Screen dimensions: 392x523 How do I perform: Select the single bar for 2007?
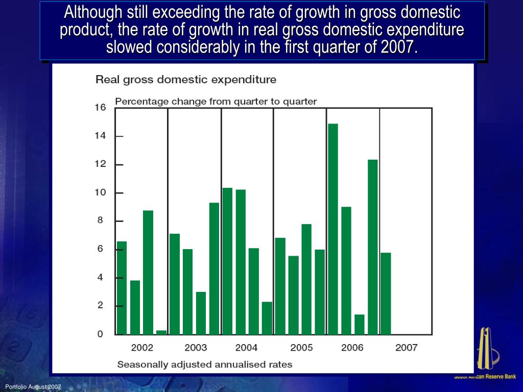pyautogui.click(x=386, y=293)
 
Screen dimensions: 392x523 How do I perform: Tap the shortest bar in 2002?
pyautogui.click(x=161, y=332)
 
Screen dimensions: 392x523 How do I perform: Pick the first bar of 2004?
pyautogui.click(x=227, y=261)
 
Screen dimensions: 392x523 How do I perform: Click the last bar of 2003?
pyautogui.click(x=214, y=268)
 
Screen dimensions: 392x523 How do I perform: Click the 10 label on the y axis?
pyautogui.click(x=100, y=193)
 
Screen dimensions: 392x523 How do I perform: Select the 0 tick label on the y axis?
pyautogui.click(x=101, y=334)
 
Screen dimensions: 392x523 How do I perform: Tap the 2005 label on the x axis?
pyautogui.click(x=301, y=348)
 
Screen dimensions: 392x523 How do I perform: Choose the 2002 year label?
pyautogui.click(x=142, y=348)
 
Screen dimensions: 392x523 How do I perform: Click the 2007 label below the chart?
pyautogui.click(x=407, y=348)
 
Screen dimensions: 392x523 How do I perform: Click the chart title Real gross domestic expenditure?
pyautogui.click(x=186, y=80)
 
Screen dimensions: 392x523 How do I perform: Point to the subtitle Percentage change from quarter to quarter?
pyautogui.click(x=216, y=102)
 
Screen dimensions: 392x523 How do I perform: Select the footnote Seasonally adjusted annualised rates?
pyautogui.click(x=204, y=364)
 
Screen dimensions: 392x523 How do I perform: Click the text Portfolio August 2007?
pyautogui.click(x=33, y=387)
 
